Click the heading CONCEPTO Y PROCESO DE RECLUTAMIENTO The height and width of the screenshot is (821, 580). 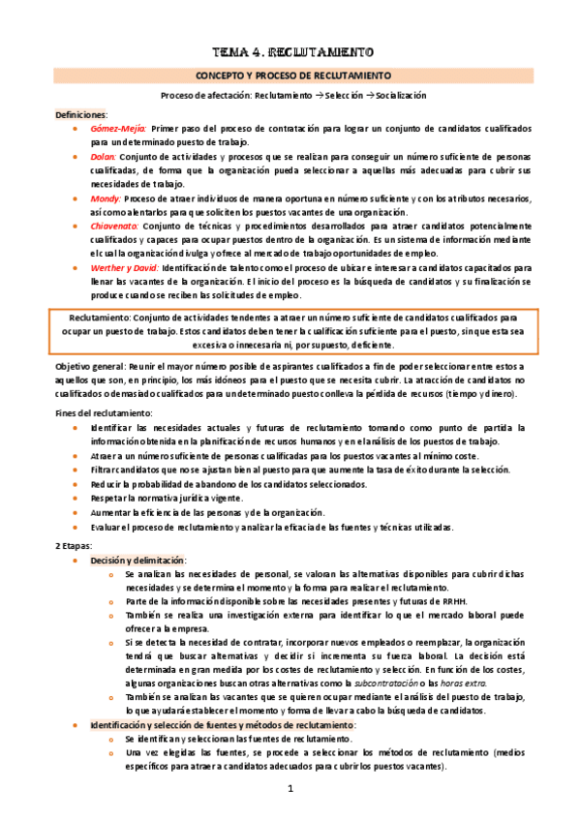click(290, 75)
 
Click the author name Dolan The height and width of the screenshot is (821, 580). click(104, 156)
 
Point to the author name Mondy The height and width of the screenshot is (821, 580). click(106, 198)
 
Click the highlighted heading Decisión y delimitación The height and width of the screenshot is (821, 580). click(138, 561)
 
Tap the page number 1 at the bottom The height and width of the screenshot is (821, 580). click(290, 789)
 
